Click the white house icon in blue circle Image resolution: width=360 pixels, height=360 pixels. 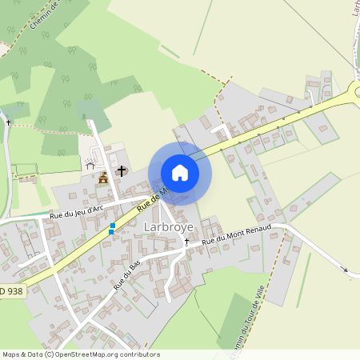click(180, 173)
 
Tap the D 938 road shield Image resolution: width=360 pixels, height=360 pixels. click(11, 291)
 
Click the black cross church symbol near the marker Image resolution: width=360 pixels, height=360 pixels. click(122, 170)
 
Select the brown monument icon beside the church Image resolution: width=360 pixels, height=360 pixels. click(103, 178)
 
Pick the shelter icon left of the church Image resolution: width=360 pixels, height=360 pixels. click(90, 165)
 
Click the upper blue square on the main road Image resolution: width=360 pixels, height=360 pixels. click(112, 226)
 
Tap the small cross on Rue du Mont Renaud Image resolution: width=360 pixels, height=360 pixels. click(186, 240)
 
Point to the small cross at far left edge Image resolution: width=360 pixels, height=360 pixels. click(8, 122)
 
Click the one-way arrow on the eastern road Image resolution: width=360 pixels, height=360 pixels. click(346, 271)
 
